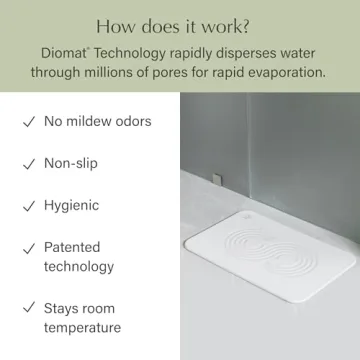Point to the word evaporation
289,73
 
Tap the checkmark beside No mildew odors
27,122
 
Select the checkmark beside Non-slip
27,164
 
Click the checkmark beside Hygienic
27,206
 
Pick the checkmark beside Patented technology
27,248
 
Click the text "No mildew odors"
97,122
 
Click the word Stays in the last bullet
63,308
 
